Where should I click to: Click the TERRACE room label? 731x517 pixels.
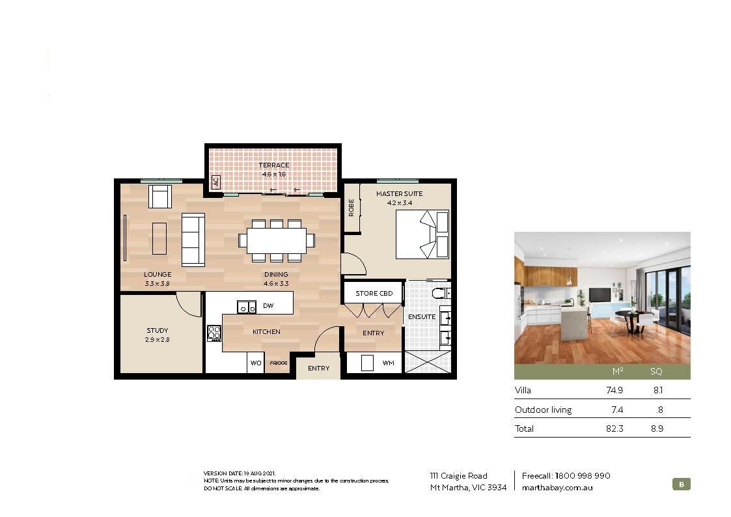tap(274, 165)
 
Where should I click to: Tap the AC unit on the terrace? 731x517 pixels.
tap(215, 182)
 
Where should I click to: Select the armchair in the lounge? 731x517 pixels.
tap(159, 196)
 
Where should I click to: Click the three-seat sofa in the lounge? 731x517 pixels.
tap(193, 239)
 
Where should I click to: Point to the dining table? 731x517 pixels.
tap(277, 240)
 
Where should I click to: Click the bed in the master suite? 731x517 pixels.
tap(422, 234)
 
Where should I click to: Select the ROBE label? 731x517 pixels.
tap(352, 208)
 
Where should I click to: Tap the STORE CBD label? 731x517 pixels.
tap(374, 294)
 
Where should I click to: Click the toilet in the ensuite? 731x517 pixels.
tap(442, 294)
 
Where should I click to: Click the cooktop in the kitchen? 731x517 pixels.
tap(214, 333)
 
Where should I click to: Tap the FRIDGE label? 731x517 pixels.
tap(278, 363)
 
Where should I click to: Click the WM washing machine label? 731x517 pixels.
tap(388, 363)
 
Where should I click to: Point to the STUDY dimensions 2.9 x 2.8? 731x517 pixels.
tap(158, 339)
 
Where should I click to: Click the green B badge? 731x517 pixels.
tap(681, 484)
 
